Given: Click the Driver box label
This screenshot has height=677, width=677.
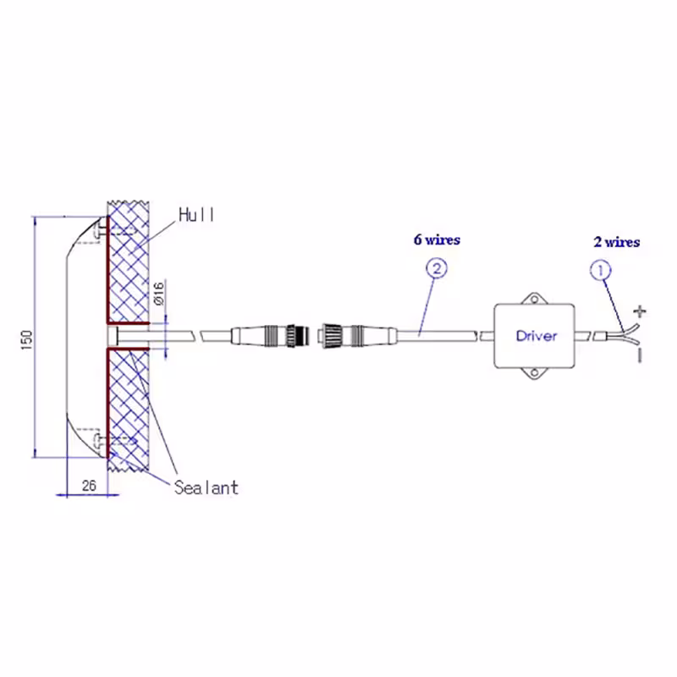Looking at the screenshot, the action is (537, 336).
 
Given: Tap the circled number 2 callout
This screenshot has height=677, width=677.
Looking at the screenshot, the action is (437, 268).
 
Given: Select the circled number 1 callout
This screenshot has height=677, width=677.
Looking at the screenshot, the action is (600, 271).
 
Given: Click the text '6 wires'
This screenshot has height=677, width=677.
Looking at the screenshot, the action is (437, 239).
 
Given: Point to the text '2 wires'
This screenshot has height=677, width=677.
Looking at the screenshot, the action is (617, 242).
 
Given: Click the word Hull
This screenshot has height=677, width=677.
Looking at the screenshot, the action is (196, 215).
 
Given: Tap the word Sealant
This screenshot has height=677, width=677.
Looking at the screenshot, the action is (206, 488).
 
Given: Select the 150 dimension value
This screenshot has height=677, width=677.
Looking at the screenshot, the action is (27, 340).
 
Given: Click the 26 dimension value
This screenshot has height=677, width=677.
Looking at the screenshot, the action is (89, 486).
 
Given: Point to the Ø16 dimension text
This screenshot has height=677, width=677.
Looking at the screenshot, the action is (159, 294).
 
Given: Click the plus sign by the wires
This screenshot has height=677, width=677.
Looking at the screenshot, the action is (640, 311).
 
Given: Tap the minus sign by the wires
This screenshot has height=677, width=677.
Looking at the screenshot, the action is (640, 355).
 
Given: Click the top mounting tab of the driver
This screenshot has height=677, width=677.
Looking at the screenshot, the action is (535, 298).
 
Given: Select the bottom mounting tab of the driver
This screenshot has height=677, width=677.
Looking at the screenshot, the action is (535, 374).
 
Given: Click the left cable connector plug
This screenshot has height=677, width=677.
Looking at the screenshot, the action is (271, 335).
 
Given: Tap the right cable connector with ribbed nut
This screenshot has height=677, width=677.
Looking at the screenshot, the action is (357, 335).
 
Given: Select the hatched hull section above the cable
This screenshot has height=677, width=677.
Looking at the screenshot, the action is (129, 262).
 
